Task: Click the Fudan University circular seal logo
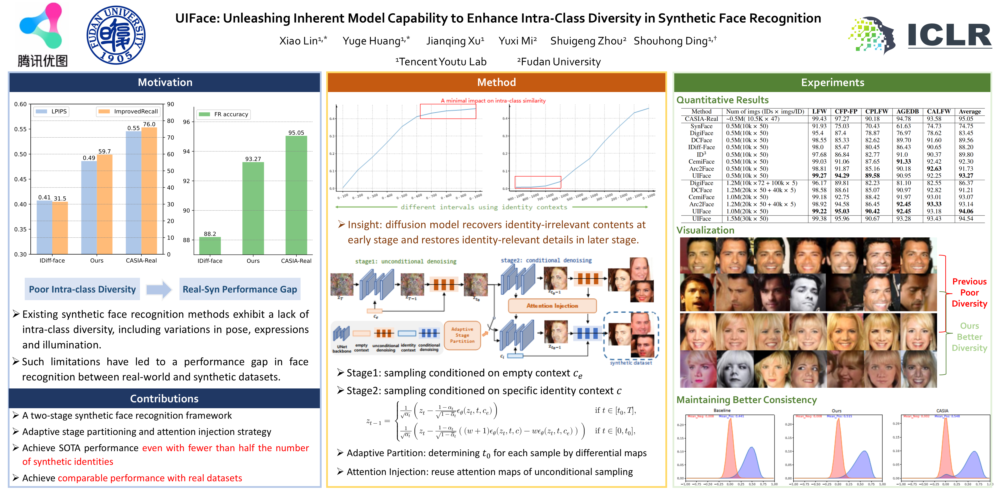click(x=116, y=35)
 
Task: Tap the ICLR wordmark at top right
click(x=949, y=36)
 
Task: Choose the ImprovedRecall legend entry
click(x=128, y=111)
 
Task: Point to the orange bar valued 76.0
click(x=149, y=190)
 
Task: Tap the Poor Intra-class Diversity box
click(x=82, y=289)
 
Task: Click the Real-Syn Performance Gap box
click(x=240, y=289)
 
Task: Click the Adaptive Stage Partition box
click(x=462, y=335)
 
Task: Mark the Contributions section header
click(x=164, y=399)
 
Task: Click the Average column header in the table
click(x=969, y=111)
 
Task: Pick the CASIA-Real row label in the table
click(x=701, y=119)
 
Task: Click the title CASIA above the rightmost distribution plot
click(x=942, y=411)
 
